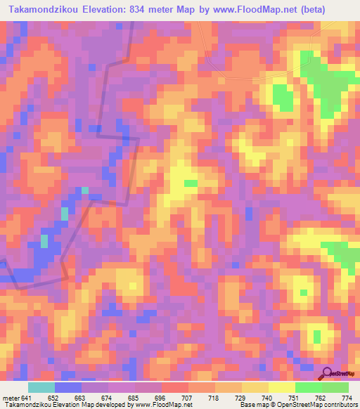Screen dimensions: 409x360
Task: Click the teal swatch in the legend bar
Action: click(x=41, y=387)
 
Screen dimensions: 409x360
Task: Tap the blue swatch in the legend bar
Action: click(x=68, y=387)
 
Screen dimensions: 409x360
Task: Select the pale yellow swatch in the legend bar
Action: click(x=281, y=387)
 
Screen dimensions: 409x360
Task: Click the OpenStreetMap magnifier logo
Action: click(x=328, y=374)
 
